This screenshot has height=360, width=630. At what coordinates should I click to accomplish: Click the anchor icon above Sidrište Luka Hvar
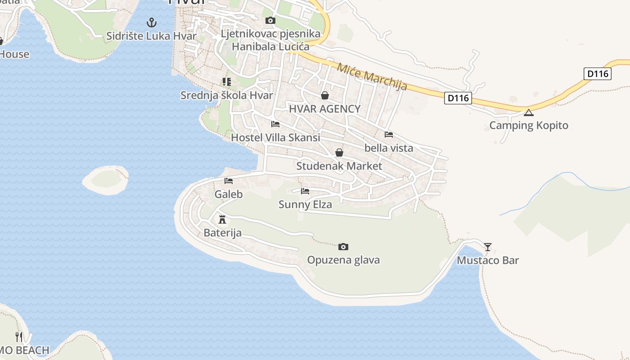point(152,22)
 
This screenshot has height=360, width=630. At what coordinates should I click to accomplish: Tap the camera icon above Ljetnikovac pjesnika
point(270,20)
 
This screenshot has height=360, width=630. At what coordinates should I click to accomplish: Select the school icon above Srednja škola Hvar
point(226,82)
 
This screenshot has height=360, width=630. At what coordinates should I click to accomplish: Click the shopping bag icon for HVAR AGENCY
point(324,95)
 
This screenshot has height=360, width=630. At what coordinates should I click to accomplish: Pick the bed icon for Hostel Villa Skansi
point(275,124)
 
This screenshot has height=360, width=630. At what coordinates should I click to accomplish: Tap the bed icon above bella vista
point(389,135)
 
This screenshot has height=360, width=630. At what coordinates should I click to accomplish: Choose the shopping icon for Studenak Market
point(339,153)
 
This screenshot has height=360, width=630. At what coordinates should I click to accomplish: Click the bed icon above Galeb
point(229,181)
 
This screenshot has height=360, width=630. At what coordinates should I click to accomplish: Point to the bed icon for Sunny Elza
point(305,191)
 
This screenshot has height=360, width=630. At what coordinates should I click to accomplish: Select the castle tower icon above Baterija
point(222,220)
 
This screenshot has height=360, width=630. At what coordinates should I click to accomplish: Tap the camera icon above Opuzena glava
point(343,247)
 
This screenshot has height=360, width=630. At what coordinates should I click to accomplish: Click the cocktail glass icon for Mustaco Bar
point(487,247)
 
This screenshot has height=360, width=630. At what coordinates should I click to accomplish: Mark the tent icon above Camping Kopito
point(528,112)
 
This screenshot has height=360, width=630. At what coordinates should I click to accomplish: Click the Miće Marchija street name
point(372,76)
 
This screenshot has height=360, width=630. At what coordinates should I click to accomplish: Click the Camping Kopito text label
point(529,126)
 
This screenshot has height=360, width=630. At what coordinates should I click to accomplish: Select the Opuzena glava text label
point(343,260)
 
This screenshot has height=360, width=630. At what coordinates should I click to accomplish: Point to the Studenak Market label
point(339,166)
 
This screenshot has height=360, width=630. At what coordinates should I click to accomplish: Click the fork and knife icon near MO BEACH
point(19,337)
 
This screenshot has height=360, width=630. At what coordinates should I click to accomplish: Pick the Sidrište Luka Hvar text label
point(152,36)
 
